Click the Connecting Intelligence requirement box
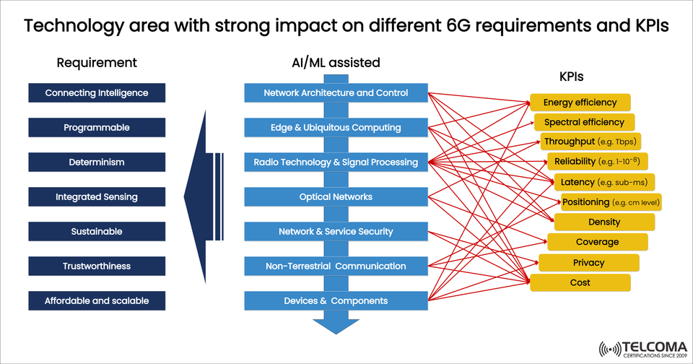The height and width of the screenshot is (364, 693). [97, 93]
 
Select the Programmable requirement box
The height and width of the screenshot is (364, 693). [97, 128]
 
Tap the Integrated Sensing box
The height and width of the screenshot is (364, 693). [97, 197]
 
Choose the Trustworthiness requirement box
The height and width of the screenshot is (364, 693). [97, 266]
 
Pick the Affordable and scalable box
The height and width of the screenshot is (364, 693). [97, 301]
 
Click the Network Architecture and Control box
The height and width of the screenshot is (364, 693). [336, 93]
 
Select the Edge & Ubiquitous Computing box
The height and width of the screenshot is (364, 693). [336, 128]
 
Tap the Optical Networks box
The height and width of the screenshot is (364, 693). [336, 197]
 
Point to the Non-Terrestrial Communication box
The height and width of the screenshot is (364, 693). [336, 266]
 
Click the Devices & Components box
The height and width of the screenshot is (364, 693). [336, 301]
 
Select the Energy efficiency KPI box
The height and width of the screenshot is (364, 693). [580, 103]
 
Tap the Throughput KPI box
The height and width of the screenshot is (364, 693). [590, 142]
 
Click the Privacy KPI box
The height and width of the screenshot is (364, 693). [588, 263]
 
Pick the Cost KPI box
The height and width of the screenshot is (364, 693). [580, 282]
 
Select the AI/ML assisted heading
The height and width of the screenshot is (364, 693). [331, 63]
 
